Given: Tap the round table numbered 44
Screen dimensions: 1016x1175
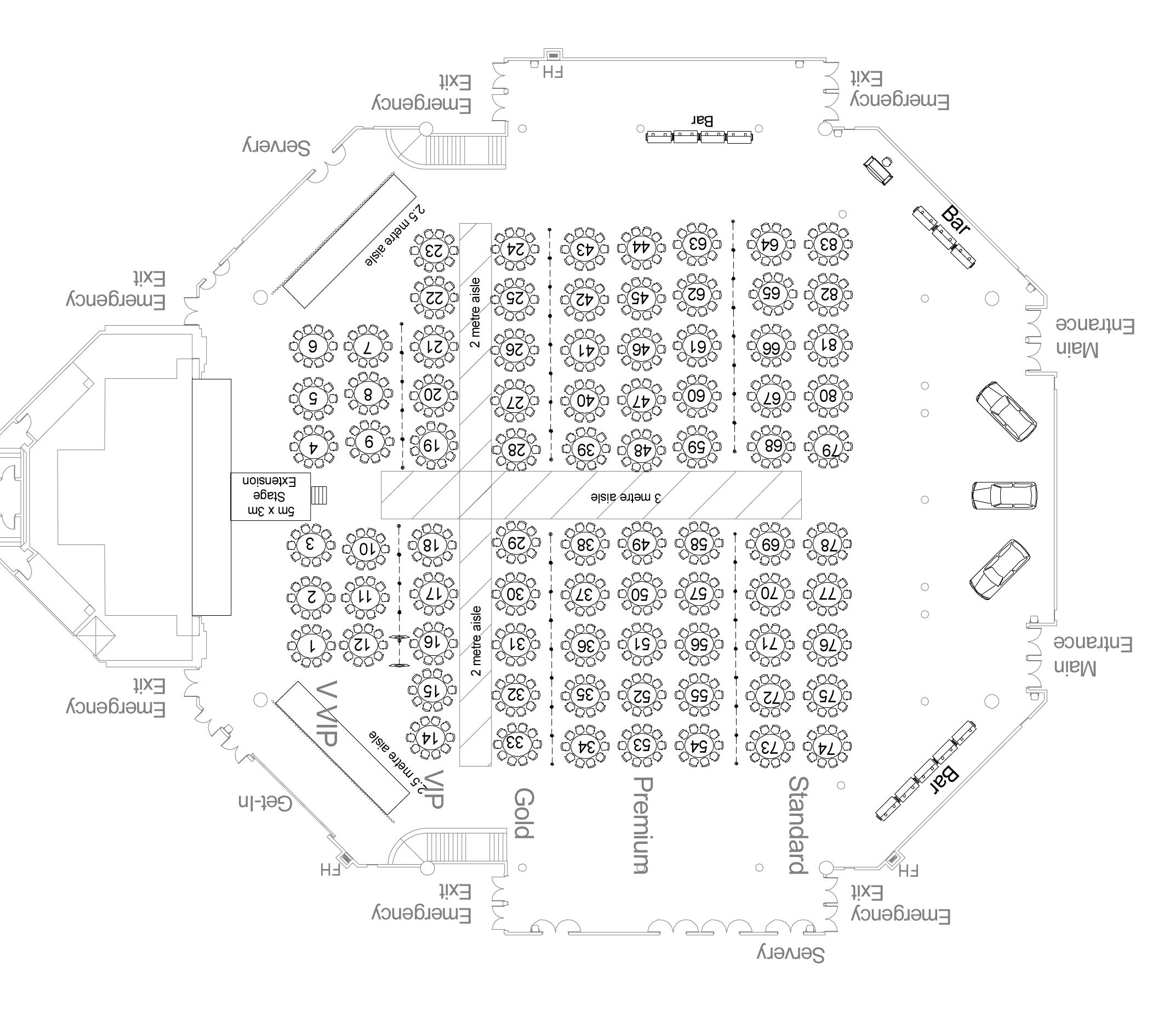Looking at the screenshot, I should tap(641, 248).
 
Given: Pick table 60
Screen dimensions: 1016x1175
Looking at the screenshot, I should tap(697, 395).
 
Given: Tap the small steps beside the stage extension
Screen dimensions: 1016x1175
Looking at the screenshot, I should tap(320, 495).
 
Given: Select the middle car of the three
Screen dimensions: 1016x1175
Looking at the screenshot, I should tap(1004, 495).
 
